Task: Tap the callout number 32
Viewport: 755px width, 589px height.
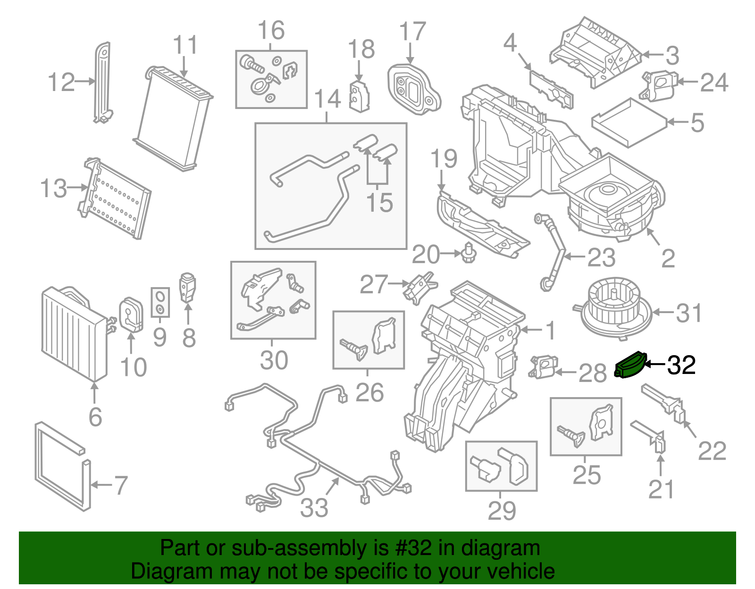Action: tap(682, 365)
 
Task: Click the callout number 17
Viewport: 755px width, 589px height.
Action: tap(412, 32)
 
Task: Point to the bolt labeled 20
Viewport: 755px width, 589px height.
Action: tap(468, 253)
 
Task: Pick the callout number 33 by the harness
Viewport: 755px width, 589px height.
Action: tap(314, 508)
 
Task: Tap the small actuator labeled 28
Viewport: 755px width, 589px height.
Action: tap(543, 367)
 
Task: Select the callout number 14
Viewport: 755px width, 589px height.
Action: tap(327, 100)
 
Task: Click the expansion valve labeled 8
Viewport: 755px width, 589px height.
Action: tap(187, 287)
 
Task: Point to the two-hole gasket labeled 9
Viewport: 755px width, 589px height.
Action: tap(160, 302)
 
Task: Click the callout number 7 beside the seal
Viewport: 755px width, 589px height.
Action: tap(121, 485)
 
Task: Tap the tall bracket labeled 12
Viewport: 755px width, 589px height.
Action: tap(102, 83)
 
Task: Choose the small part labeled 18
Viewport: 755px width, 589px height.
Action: tap(359, 97)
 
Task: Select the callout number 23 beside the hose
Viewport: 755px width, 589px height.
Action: tap(601, 257)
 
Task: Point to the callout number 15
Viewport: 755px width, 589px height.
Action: tap(379, 203)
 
